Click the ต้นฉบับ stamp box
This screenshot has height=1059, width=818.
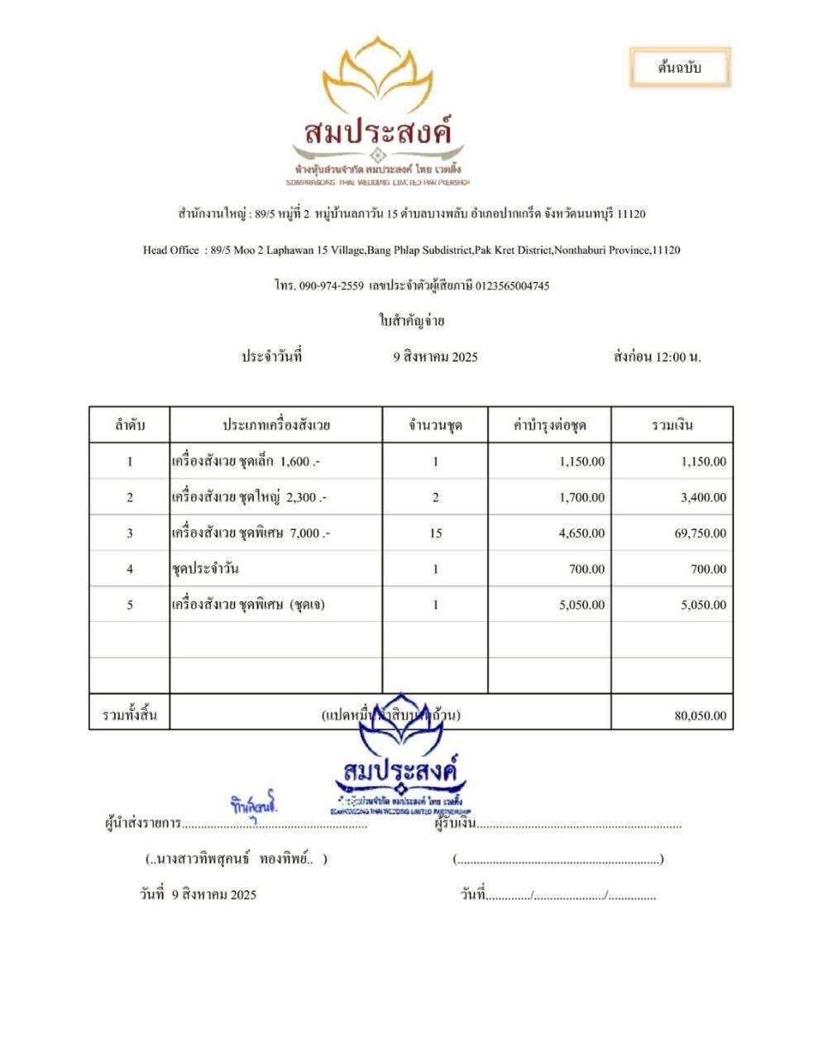(x=679, y=68)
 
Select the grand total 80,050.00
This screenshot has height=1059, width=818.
(x=701, y=716)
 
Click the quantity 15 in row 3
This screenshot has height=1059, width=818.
(x=435, y=534)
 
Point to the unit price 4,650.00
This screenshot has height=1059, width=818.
(x=581, y=534)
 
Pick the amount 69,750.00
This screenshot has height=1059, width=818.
(x=701, y=534)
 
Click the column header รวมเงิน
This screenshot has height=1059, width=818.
(x=672, y=426)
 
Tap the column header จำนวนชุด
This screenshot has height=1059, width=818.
(x=435, y=426)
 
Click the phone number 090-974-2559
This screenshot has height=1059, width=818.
(x=331, y=285)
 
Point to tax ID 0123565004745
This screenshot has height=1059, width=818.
(x=512, y=285)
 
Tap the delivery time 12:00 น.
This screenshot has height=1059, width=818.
(x=678, y=357)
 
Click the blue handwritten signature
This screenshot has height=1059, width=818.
(x=254, y=805)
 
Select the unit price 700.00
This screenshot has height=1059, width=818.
(x=586, y=569)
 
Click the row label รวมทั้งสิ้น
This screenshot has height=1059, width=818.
(x=129, y=714)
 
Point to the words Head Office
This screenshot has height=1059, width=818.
(x=170, y=250)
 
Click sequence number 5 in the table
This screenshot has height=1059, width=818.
(x=130, y=605)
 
